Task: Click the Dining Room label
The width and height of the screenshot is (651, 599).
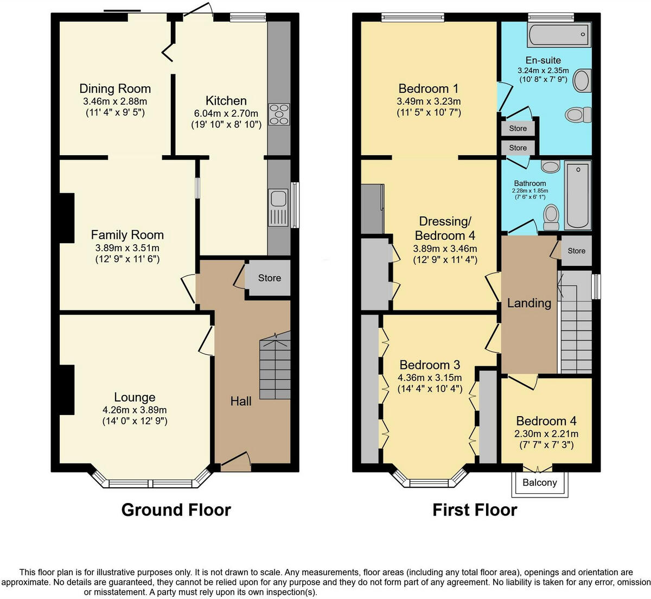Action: tap(115, 88)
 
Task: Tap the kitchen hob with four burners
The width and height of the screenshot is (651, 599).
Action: tap(279, 114)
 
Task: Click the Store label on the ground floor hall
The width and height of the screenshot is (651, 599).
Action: tap(269, 278)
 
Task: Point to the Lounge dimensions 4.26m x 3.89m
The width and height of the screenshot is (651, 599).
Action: tap(135, 410)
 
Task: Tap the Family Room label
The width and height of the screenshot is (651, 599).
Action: tap(127, 235)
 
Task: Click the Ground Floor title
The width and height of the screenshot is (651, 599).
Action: tap(176, 510)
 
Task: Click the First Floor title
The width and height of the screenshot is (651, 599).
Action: tap(475, 510)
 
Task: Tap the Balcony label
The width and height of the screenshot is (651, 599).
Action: tap(539, 482)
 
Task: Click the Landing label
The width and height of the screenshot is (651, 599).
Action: tap(529, 303)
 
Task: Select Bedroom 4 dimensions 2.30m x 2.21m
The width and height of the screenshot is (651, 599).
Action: tap(546, 434)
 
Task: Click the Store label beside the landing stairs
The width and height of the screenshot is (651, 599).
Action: tap(576, 251)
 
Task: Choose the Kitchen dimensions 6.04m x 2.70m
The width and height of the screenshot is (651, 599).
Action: tap(226, 113)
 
